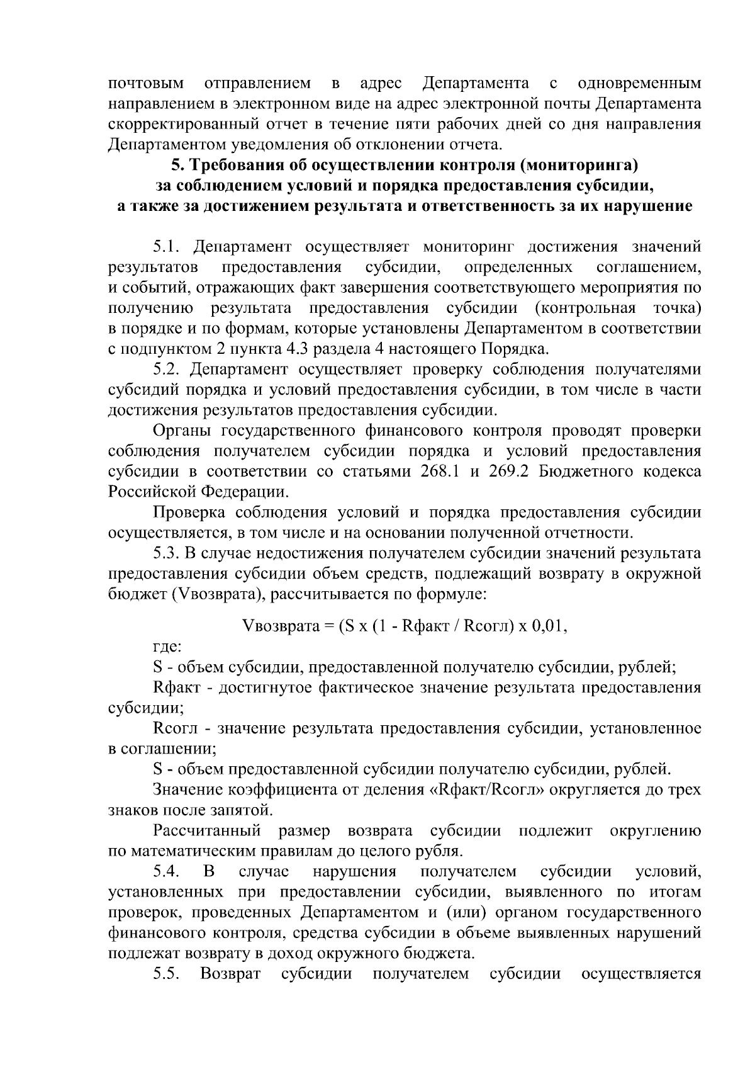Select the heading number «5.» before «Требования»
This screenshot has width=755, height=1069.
178,166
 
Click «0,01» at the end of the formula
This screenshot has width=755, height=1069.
551,626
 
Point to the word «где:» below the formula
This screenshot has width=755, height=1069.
168,647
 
